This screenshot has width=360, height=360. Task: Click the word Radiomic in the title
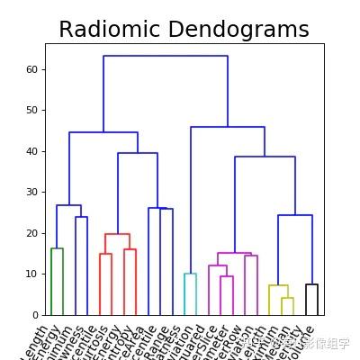click(x=112, y=30)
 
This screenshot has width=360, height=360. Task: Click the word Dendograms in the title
click(x=238, y=30)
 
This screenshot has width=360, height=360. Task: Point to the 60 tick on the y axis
click(x=31, y=69)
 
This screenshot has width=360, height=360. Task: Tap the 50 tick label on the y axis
click(x=31, y=110)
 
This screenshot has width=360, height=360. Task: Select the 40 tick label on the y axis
click(x=31, y=151)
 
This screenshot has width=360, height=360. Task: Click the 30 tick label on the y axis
click(x=31, y=192)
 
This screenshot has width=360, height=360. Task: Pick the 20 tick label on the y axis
click(x=31, y=233)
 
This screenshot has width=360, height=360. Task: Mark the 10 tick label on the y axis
click(x=31, y=274)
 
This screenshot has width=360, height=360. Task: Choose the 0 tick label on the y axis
click(x=34, y=315)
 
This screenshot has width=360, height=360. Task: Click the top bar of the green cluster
click(x=57, y=248)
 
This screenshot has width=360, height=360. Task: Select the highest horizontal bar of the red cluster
click(x=117, y=234)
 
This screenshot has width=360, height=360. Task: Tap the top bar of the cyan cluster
click(x=190, y=274)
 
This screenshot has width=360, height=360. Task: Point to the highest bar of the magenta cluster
click(x=234, y=253)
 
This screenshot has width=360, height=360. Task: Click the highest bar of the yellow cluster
click(x=278, y=285)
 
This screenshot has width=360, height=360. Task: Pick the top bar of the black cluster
click(x=311, y=284)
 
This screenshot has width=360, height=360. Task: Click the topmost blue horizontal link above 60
click(x=166, y=56)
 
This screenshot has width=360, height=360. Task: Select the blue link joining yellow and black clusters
click(x=295, y=215)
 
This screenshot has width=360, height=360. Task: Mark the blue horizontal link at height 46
click(x=228, y=127)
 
